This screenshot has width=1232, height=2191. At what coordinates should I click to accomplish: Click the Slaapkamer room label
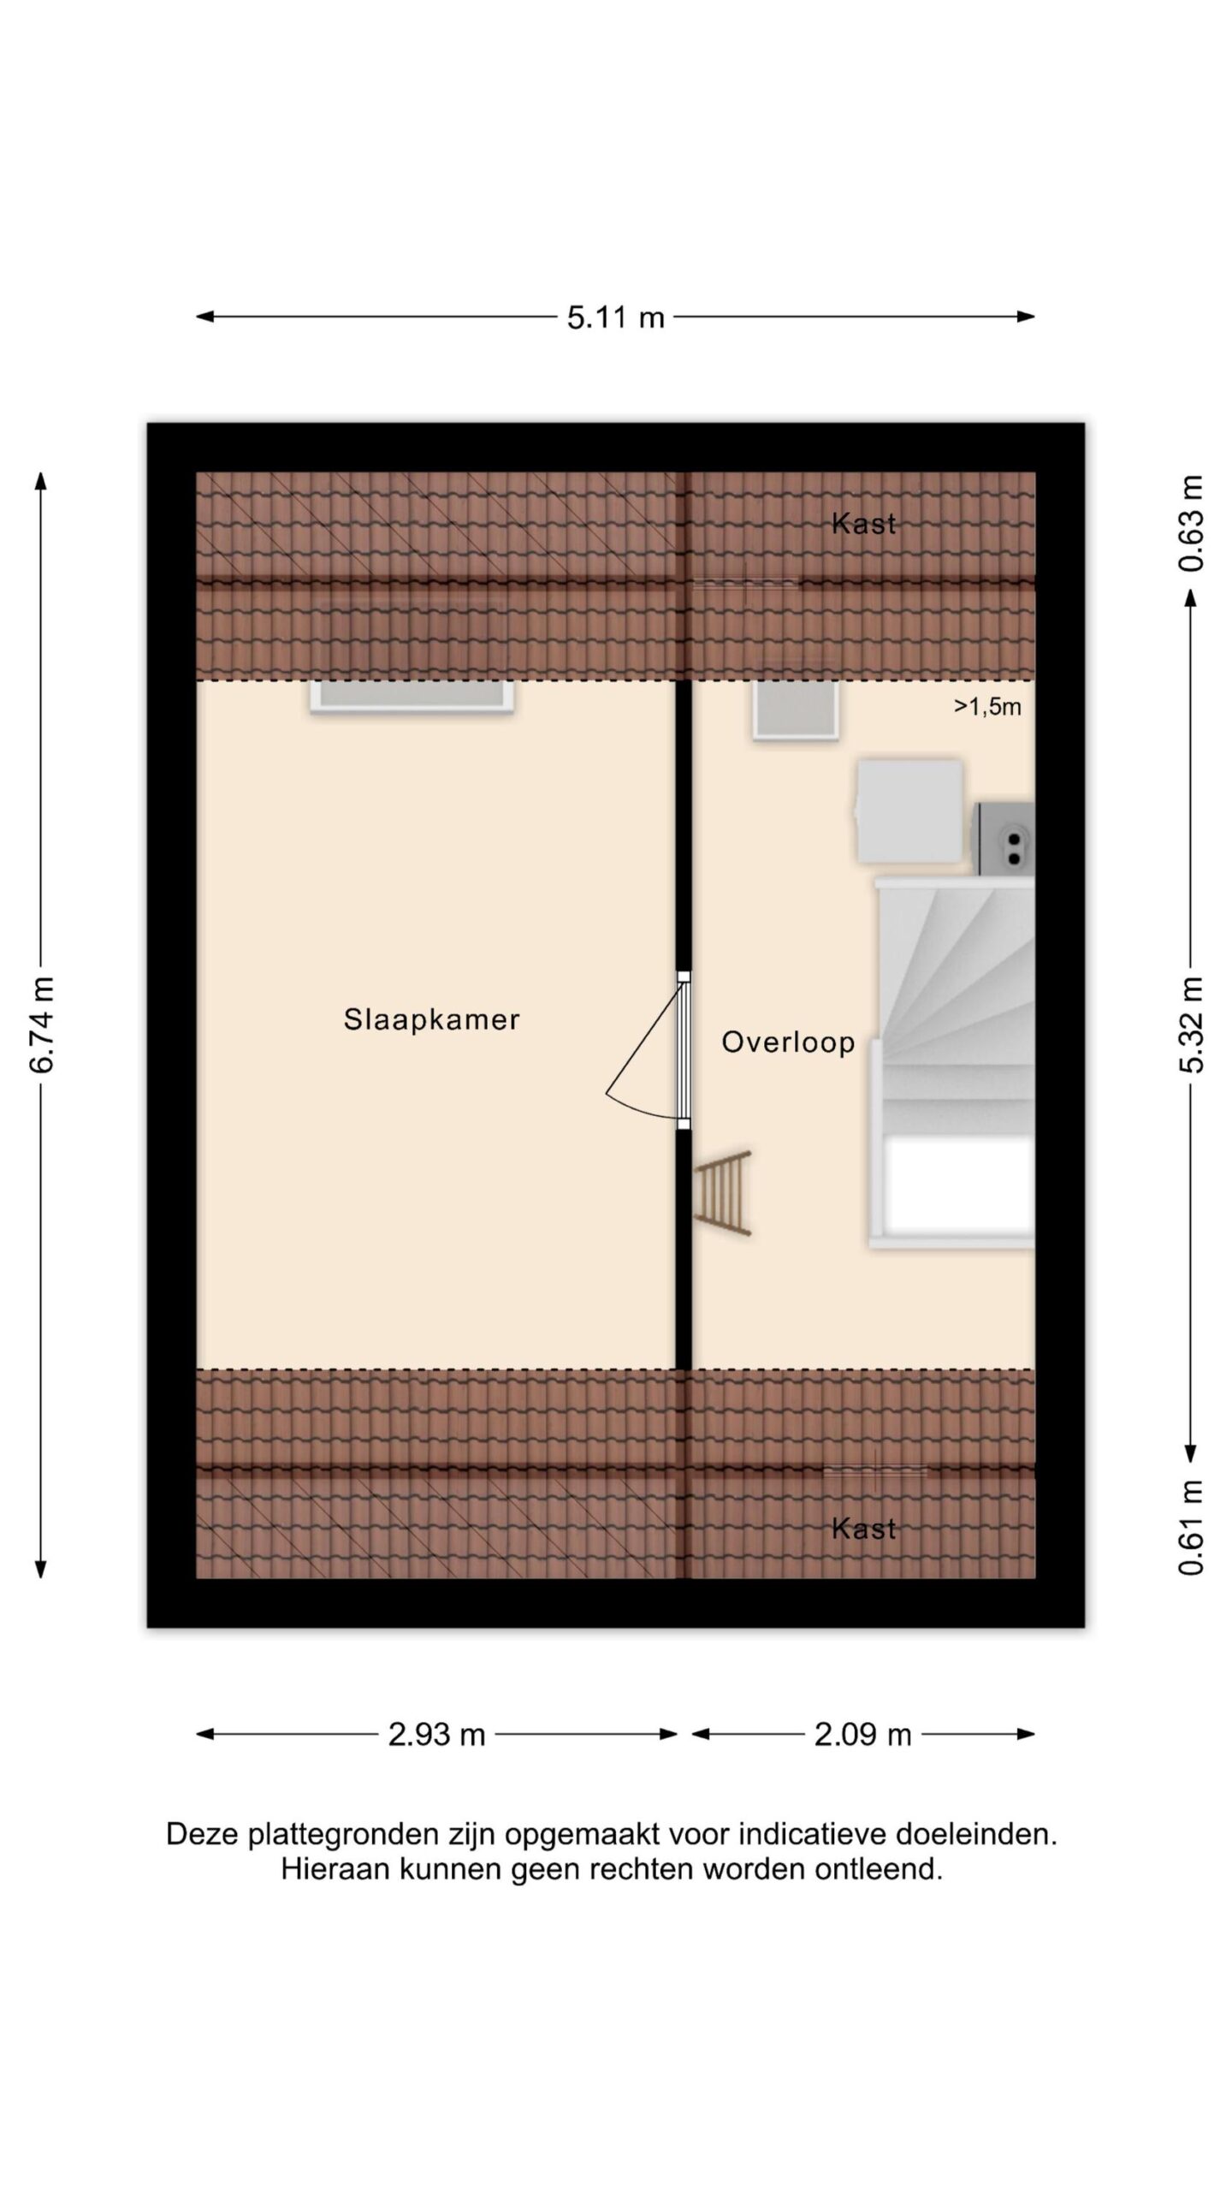pos(431,1019)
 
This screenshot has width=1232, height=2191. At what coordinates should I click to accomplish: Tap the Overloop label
pos(788,1042)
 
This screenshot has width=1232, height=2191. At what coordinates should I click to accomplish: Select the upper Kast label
pos(863,524)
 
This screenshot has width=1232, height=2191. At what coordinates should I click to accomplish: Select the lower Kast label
pos(863,1529)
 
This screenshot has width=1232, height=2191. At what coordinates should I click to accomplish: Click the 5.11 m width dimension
pos(615,318)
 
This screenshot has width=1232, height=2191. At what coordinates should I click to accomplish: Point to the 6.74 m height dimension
pos(41,1024)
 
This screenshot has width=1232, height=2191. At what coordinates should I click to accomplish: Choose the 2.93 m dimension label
pos(436,1735)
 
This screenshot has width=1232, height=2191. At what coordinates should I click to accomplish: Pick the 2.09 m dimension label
pos(862,1735)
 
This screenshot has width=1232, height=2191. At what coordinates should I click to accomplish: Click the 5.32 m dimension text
pos(1191,1024)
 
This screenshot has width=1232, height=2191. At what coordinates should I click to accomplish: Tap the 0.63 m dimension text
pos(1191,523)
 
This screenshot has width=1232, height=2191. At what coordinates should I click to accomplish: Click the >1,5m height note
pos(987,706)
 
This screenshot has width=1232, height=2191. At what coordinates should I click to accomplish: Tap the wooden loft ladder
pos(723,1193)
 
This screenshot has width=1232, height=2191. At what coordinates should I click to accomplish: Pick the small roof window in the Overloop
pos(795,710)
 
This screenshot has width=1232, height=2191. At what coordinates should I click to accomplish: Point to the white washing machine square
pos(909,811)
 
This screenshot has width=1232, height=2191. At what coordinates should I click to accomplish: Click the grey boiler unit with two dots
pos(1006,839)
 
